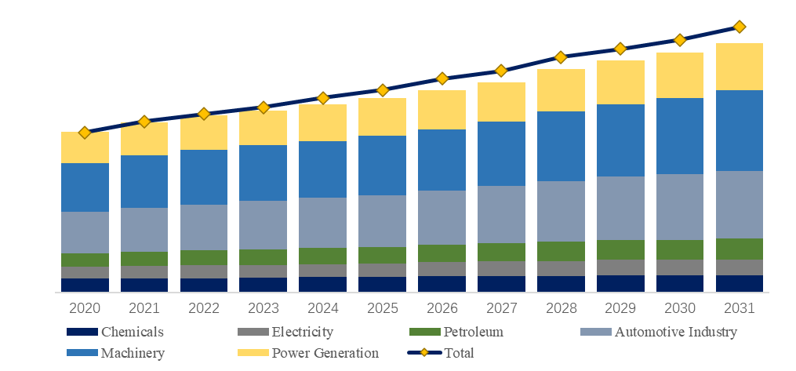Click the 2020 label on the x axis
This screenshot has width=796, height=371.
tap(85, 307)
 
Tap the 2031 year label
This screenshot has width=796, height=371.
tap(740, 307)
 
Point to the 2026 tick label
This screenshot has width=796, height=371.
tap(442, 307)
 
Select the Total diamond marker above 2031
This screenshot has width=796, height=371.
tap(740, 27)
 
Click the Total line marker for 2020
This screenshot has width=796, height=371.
tap(85, 133)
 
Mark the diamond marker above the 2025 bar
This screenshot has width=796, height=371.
tap(383, 90)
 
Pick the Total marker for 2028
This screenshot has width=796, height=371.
tap(561, 57)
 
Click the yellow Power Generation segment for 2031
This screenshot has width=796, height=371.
tap(740, 67)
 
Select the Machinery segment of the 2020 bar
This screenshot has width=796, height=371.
tap(85, 187)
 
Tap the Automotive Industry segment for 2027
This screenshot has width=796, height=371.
tap(501, 214)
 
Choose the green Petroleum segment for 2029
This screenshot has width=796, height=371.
tap(620, 249)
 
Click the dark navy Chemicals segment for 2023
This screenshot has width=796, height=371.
tap(264, 284)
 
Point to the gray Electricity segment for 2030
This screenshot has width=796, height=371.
tap(680, 267)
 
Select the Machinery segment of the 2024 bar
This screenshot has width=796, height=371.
tap(323, 169)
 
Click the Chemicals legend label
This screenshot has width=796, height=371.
tap(133, 333)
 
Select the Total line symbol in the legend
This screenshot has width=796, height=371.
tap(424, 353)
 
